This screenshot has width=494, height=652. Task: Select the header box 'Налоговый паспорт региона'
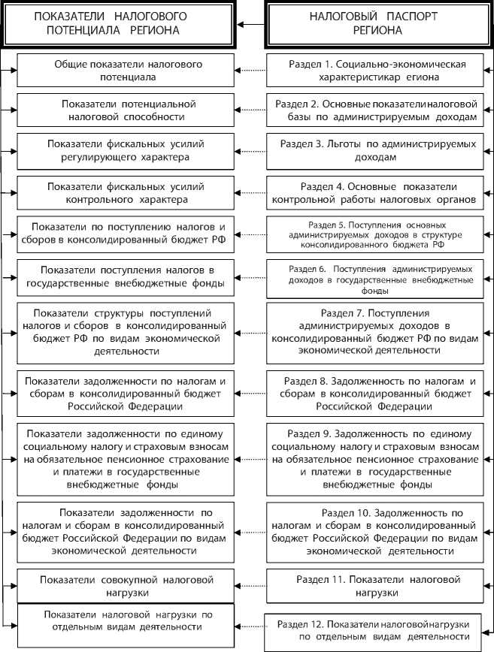click(x=377, y=24)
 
